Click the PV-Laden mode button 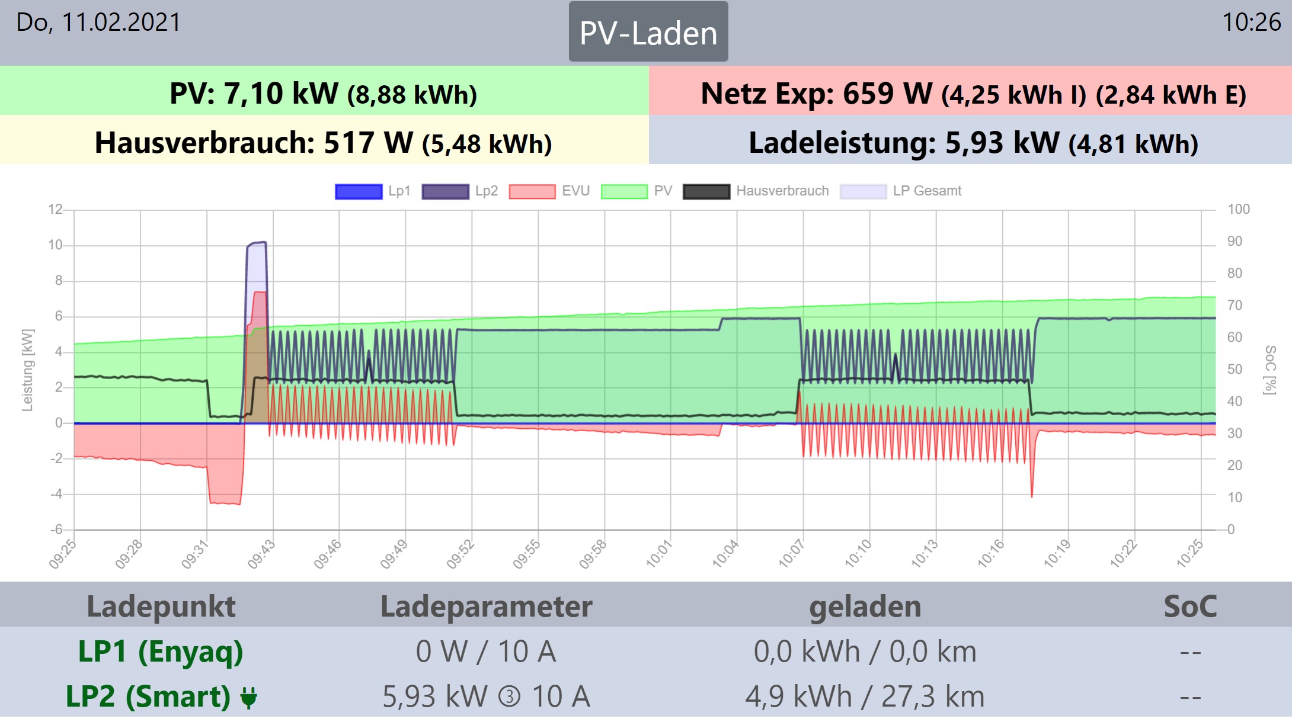pos(648,32)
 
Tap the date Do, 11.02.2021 pos(98,23)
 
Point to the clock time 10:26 pos(1251,23)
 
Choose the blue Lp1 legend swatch pos(359,191)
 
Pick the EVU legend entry pos(575,191)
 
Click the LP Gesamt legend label pos(927,191)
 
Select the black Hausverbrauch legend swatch pos(706,191)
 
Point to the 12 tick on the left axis pos(55,209)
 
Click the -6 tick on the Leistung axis pos(56,530)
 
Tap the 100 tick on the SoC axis pos(1238,209)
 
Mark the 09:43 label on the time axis pos(261,554)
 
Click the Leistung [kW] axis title pos(27,370)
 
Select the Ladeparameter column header pos(486,606)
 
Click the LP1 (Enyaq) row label pos(161,652)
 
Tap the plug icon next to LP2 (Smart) pos(249,697)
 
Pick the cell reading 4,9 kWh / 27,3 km pos(865,697)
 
